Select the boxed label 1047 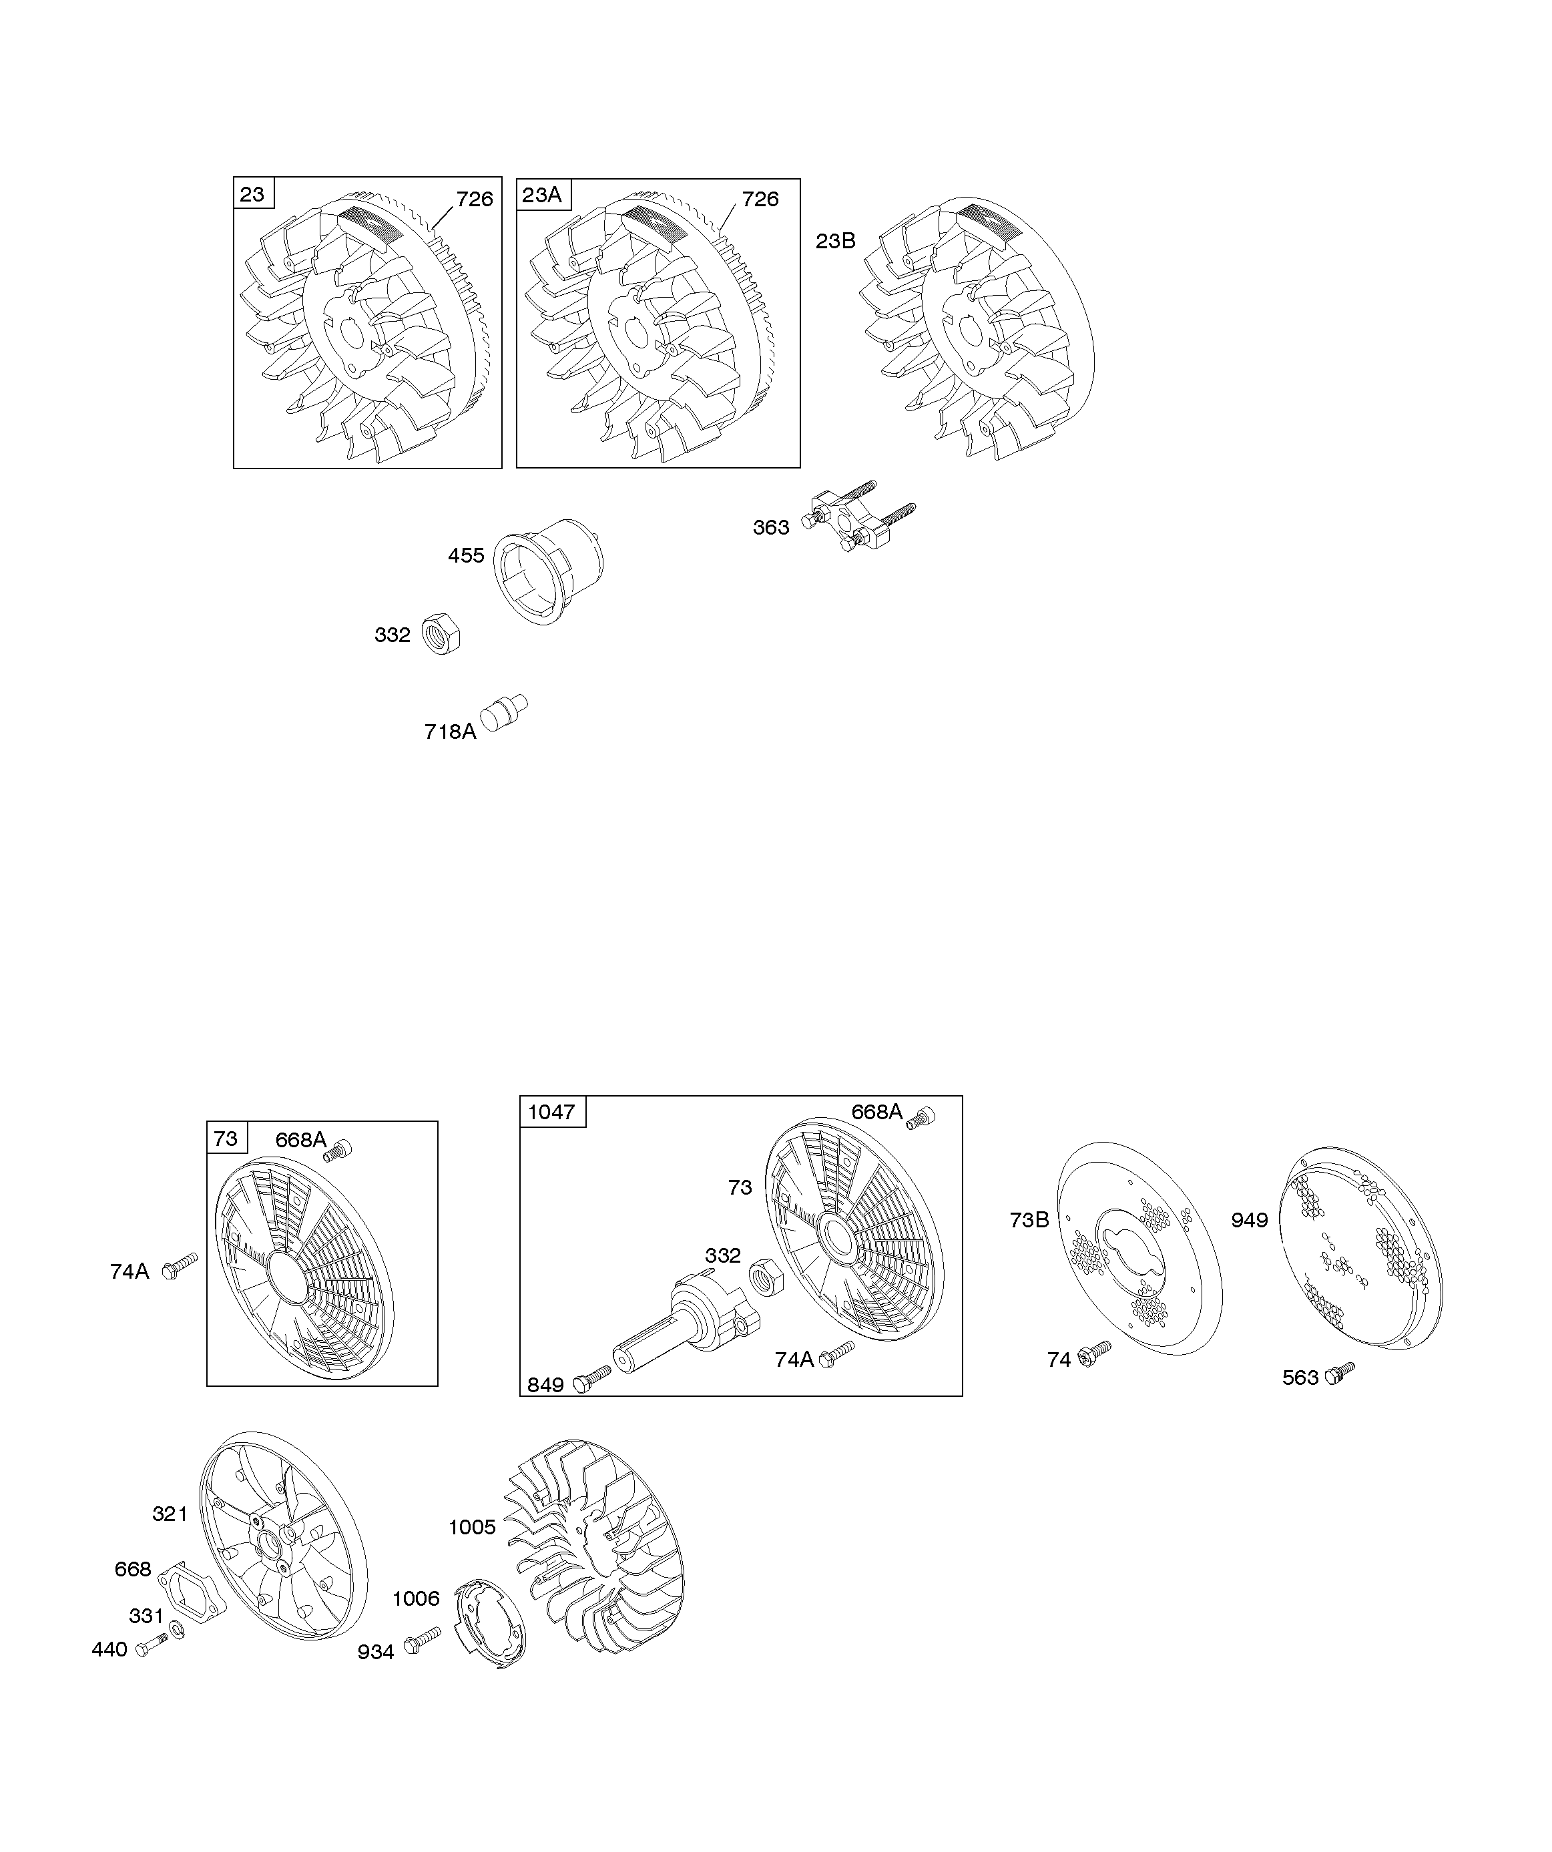click(552, 1112)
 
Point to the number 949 click(1250, 1221)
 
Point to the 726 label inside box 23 click(475, 200)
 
